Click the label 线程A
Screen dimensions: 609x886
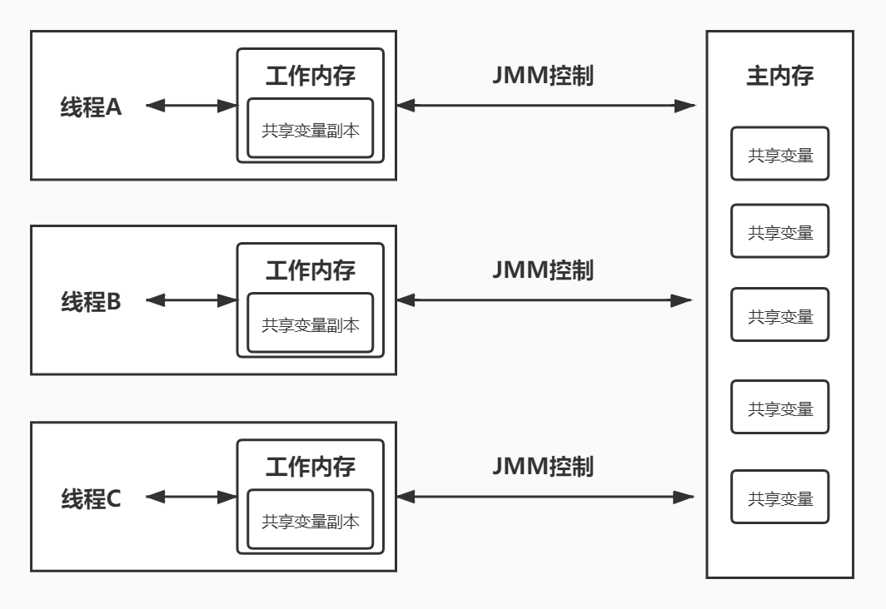coord(92,106)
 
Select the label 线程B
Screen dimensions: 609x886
coord(92,301)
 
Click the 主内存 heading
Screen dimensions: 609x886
coord(779,77)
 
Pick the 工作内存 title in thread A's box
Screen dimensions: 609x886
coord(310,76)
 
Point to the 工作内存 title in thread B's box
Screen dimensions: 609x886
coord(310,270)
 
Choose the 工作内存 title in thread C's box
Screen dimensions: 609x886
coord(310,467)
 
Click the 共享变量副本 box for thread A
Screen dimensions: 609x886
coord(311,129)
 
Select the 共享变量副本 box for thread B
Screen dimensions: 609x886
coord(311,324)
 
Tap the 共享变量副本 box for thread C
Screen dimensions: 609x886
coord(311,521)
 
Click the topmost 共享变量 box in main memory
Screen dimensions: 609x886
coord(780,154)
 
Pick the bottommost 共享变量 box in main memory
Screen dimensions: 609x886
coord(780,498)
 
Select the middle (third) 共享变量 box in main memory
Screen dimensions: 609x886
coord(780,315)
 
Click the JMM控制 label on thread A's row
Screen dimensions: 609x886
coord(543,75)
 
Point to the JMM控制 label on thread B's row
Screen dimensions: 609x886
coord(543,270)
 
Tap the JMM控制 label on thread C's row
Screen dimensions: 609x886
coord(543,466)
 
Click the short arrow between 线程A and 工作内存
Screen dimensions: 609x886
coord(191,106)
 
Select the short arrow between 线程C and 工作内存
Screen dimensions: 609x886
coord(191,498)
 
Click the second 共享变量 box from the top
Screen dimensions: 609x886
coord(780,231)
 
